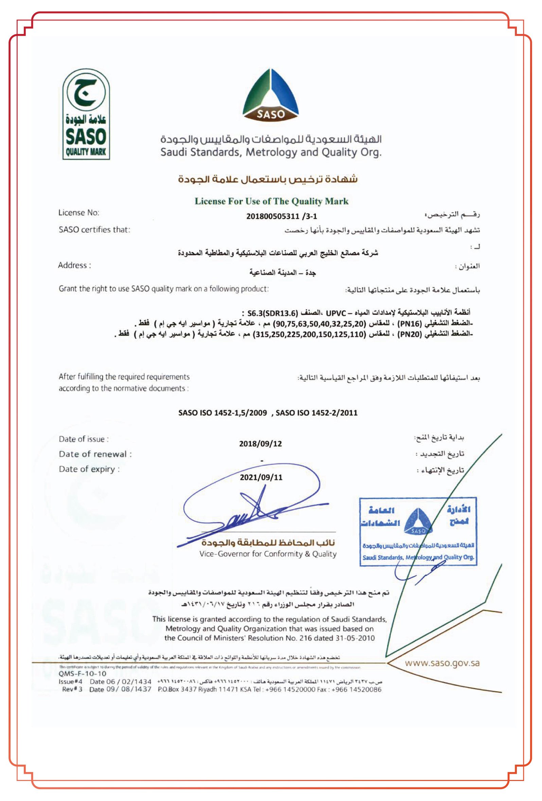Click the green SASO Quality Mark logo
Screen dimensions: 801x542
coord(86,114)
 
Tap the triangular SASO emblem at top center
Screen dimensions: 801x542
coord(270,97)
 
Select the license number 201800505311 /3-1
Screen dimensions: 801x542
coord(281,216)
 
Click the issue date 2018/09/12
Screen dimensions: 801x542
coord(260,444)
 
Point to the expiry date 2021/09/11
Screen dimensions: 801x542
coord(261,477)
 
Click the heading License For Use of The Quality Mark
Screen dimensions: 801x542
coord(272,201)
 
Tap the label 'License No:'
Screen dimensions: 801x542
coord(78,213)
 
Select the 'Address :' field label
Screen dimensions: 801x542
coord(74,265)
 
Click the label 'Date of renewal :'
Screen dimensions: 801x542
coord(95,454)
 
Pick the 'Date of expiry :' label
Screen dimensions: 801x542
coord(89,469)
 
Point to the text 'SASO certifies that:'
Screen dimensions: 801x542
coord(94,230)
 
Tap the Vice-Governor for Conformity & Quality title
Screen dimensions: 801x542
coord(268,554)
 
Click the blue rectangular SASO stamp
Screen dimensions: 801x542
coord(418,531)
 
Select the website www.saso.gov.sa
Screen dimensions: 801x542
coord(442,663)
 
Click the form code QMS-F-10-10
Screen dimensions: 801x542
coord(82,673)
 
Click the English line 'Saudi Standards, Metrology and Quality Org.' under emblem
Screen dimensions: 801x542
coord(270,152)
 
